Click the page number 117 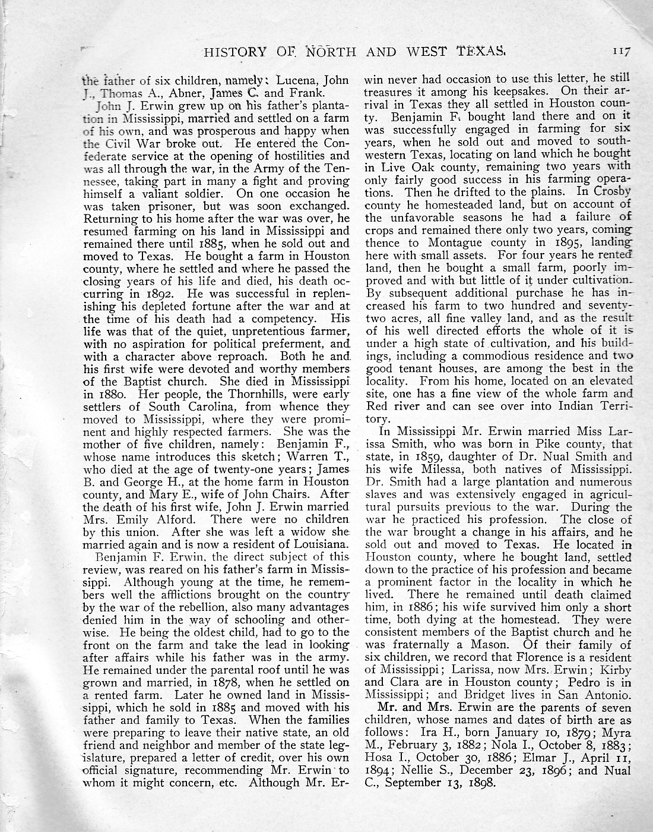(x=622, y=51)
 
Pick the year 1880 (x=107, y=393)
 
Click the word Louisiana (x=319, y=544)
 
